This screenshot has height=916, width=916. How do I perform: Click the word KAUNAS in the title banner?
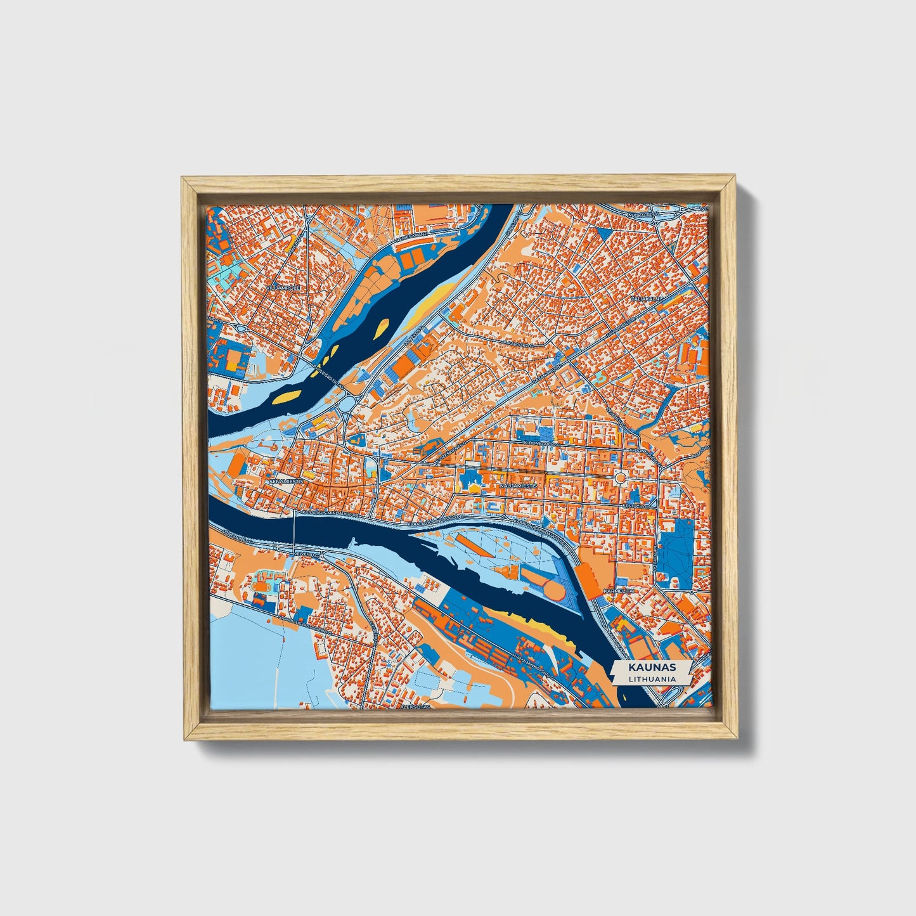pyautogui.click(x=652, y=668)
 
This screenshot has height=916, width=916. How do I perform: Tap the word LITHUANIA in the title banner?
pyautogui.click(x=652, y=678)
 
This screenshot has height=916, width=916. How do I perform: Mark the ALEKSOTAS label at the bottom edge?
pyautogui.click(x=415, y=706)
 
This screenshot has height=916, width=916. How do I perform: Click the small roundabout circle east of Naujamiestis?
pyautogui.click(x=620, y=477)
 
